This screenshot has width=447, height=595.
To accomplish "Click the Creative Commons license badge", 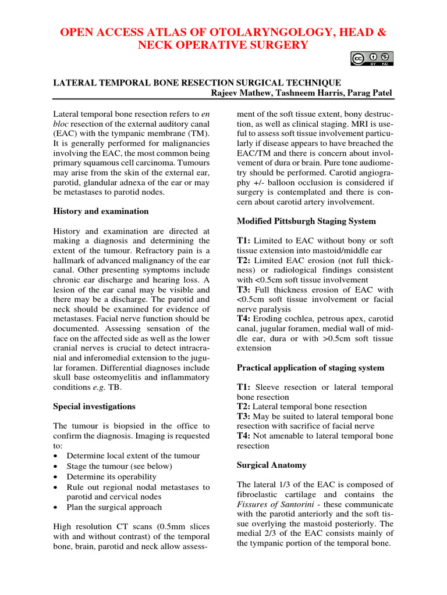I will (x=372, y=58).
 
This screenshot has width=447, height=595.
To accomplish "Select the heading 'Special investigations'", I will (x=94, y=406).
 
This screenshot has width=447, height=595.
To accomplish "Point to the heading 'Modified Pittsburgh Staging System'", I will (x=306, y=221).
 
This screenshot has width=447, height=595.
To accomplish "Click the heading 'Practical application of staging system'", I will (x=311, y=367).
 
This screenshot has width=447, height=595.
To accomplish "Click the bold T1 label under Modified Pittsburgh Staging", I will (x=243, y=241).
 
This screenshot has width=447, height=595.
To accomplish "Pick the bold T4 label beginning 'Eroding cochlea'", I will (x=243, y=319).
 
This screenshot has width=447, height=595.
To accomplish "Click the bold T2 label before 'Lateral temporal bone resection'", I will (x=243, y=407).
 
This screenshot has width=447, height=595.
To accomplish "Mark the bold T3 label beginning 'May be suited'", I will (x=243, y=417).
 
